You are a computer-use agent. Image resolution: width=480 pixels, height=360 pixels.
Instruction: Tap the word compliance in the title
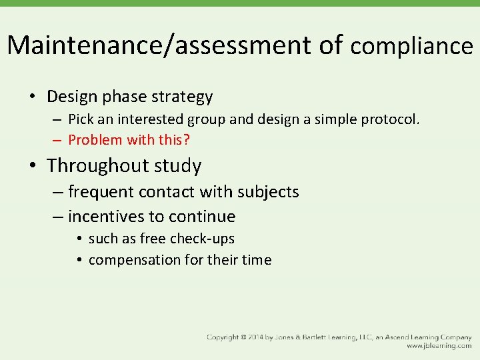coord(411,46)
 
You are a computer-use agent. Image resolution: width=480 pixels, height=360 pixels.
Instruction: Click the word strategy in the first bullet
coord(181,97)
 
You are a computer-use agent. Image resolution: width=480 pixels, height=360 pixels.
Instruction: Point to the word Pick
coord(81,120)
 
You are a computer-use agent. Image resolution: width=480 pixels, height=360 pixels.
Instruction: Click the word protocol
coord(390,120)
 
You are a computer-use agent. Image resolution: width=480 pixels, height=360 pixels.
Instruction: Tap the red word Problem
coord(95,140)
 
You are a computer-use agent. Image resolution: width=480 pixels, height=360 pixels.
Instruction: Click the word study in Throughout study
coord(177,165)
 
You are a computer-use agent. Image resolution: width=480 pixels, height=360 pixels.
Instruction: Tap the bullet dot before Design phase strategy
coord(33,97)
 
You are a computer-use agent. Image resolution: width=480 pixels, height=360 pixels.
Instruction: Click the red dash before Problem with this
coord(57,140)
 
